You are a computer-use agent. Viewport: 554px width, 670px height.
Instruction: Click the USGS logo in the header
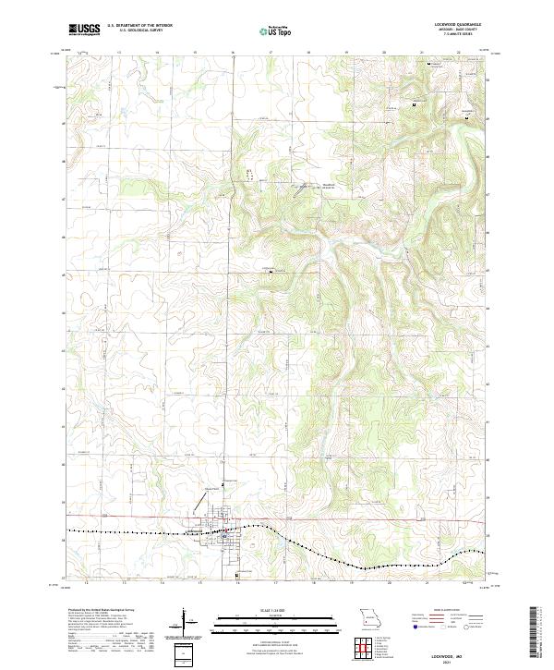coord(84,30)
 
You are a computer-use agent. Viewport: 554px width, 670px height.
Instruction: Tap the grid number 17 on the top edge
coord(270,54)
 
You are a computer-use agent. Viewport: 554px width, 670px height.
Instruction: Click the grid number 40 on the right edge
coord(489,458)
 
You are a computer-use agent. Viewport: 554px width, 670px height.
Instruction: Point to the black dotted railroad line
coord(138,535)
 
